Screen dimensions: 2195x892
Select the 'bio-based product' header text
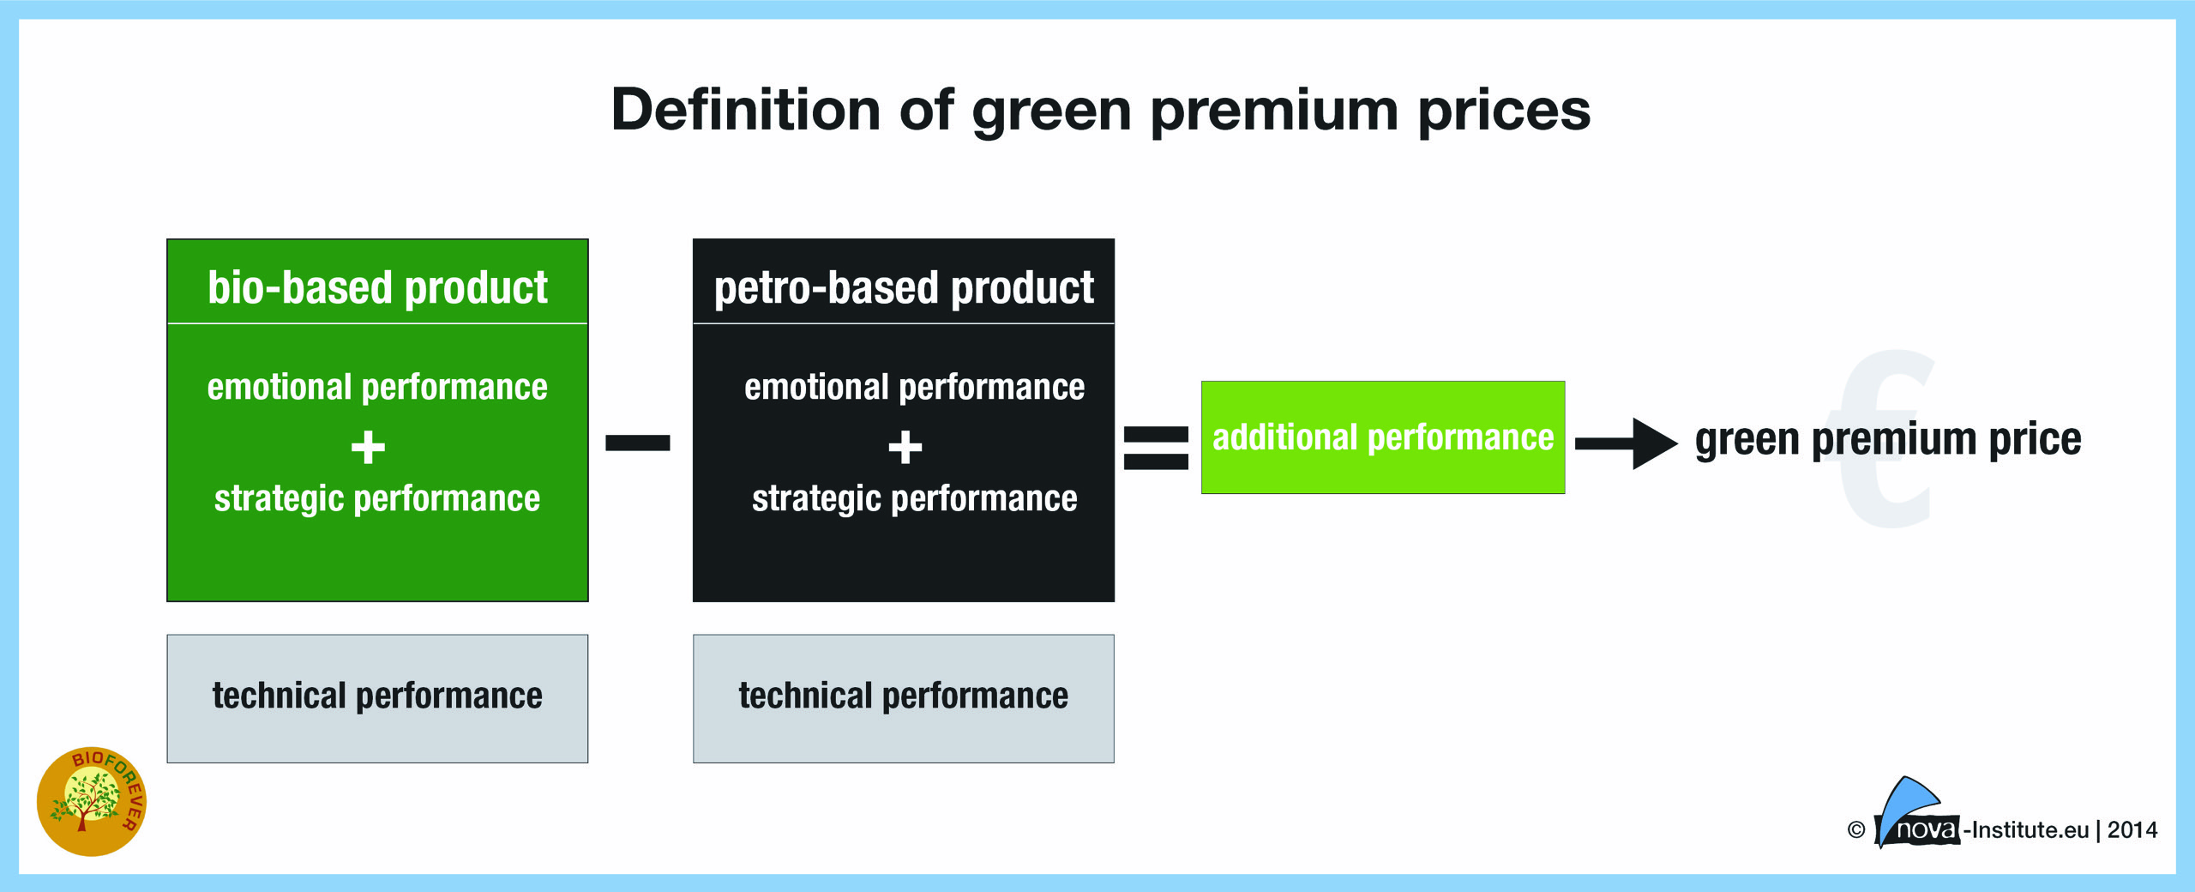[x=377, y=287]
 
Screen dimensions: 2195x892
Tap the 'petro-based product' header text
[x=904, y=288]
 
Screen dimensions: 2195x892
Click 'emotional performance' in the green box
[x=377, y=388]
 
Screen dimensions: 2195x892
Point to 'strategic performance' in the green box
[x=377, y=499]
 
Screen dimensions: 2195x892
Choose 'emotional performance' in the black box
[x=914, y=388]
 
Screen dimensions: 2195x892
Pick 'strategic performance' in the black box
[x=914, y=499]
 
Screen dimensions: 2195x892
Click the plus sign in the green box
[x=369, y=447]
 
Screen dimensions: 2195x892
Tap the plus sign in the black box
[x=905, y=447]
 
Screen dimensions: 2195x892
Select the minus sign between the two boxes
[x=638, y=443]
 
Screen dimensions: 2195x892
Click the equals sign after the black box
[x=1156, y=448]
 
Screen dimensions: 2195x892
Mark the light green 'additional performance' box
[x=1383, y=437]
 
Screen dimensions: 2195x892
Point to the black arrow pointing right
[x=1627, y=443]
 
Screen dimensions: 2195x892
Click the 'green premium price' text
[x=1888, y=441]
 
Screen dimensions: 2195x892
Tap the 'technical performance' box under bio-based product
[x=377, y=698]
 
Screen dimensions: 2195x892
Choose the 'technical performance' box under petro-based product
[x=904, y=698]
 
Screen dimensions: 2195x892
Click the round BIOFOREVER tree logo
[x=92, y=801]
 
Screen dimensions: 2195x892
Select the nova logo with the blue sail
[x=1917, y=813]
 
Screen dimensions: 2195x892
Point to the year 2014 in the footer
[x=2132, y=830]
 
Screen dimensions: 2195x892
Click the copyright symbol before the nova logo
[x=1856, y=830]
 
